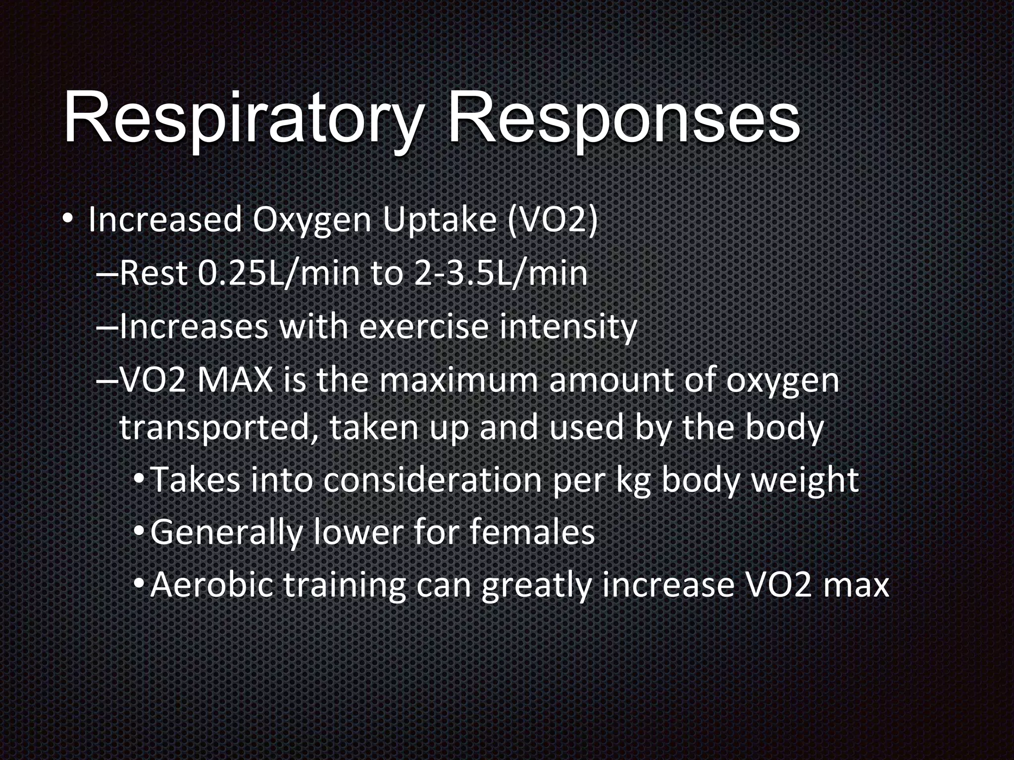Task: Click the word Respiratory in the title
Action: (x=243, y=119)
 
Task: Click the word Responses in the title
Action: (x=624, y=119)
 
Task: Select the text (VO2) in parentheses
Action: (x=553, y=221)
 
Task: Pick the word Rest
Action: (x=153, y=274)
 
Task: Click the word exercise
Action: (x=424, y=327)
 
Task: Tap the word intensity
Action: (x=567, y=327)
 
